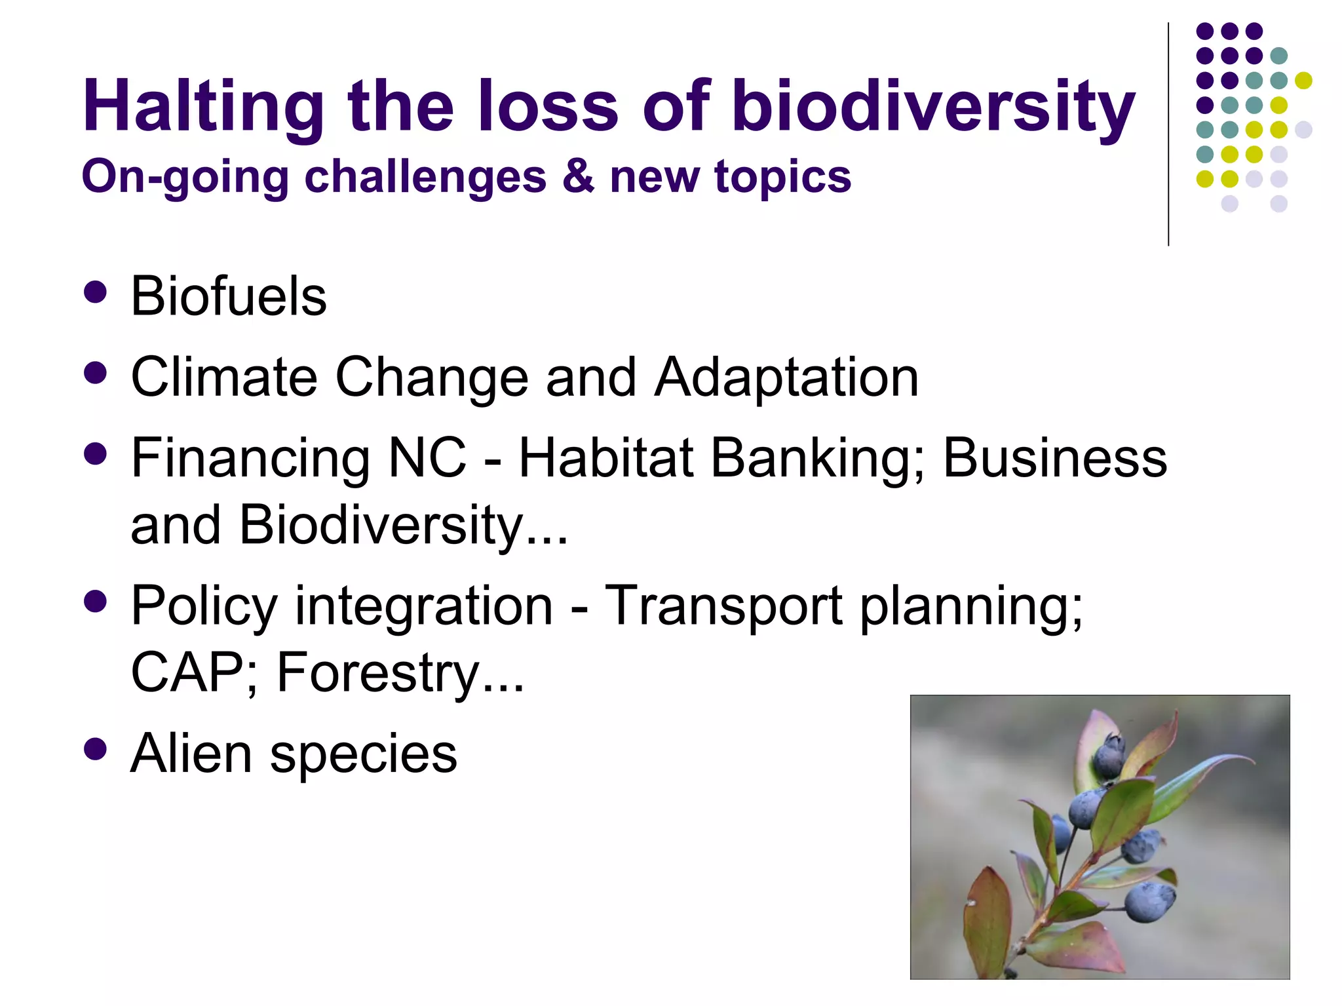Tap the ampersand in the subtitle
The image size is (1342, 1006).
[578, 177]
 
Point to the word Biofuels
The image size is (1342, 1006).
[229, 296]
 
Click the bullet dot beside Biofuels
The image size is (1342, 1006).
[96, 292]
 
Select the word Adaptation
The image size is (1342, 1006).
[786, 377]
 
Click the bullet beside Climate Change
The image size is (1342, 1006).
[96, 374]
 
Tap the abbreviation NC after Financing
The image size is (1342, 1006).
[427, 458]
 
